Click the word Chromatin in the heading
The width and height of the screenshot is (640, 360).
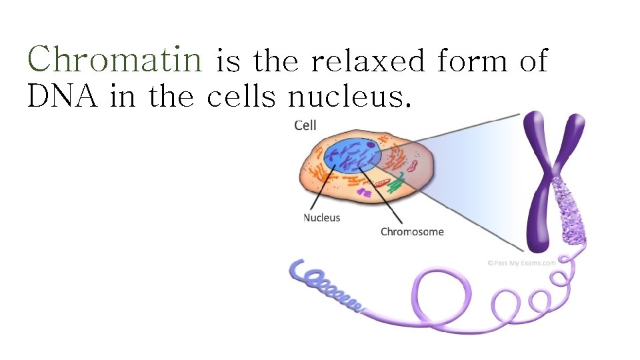(x=114, y=60)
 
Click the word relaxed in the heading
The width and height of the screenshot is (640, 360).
(x=367, y=62)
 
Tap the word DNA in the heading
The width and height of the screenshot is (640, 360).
(x=63, y=97)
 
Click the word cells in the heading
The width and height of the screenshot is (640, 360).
(x=241, y=97)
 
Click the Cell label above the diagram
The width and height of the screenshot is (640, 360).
(x=305, y=125)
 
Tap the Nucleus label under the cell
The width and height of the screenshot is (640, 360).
(x=322, y=217)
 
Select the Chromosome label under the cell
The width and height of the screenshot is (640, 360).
(x=412, y=232)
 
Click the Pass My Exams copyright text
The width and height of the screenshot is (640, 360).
(x=521, y=263)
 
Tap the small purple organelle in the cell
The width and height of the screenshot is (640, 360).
(x=364, y=193)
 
